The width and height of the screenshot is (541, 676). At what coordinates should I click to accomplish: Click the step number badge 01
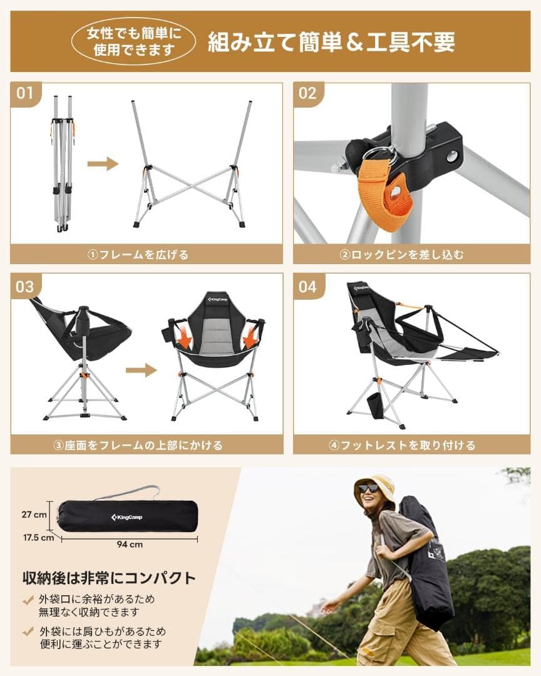point(24,94)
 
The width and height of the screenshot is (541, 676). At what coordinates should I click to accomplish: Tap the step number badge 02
point(307,94)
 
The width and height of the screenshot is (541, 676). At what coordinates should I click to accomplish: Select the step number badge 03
point(24,287)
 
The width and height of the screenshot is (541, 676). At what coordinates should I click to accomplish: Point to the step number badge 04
point(307,287)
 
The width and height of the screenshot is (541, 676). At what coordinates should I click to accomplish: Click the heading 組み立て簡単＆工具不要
point(331,42)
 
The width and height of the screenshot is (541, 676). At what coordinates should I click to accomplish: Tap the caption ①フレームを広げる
point(147,254)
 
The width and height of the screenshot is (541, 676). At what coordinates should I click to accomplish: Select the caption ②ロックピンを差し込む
point(411,254)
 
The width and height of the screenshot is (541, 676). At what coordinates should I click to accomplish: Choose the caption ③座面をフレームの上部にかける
point(147,446)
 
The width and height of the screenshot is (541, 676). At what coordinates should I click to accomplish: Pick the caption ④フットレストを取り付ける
point(411,446)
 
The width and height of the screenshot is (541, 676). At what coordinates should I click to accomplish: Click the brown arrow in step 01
point(103,164)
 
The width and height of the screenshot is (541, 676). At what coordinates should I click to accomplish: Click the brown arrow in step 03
point(141,370)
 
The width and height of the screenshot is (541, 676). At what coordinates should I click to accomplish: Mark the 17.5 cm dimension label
point(38,537)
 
